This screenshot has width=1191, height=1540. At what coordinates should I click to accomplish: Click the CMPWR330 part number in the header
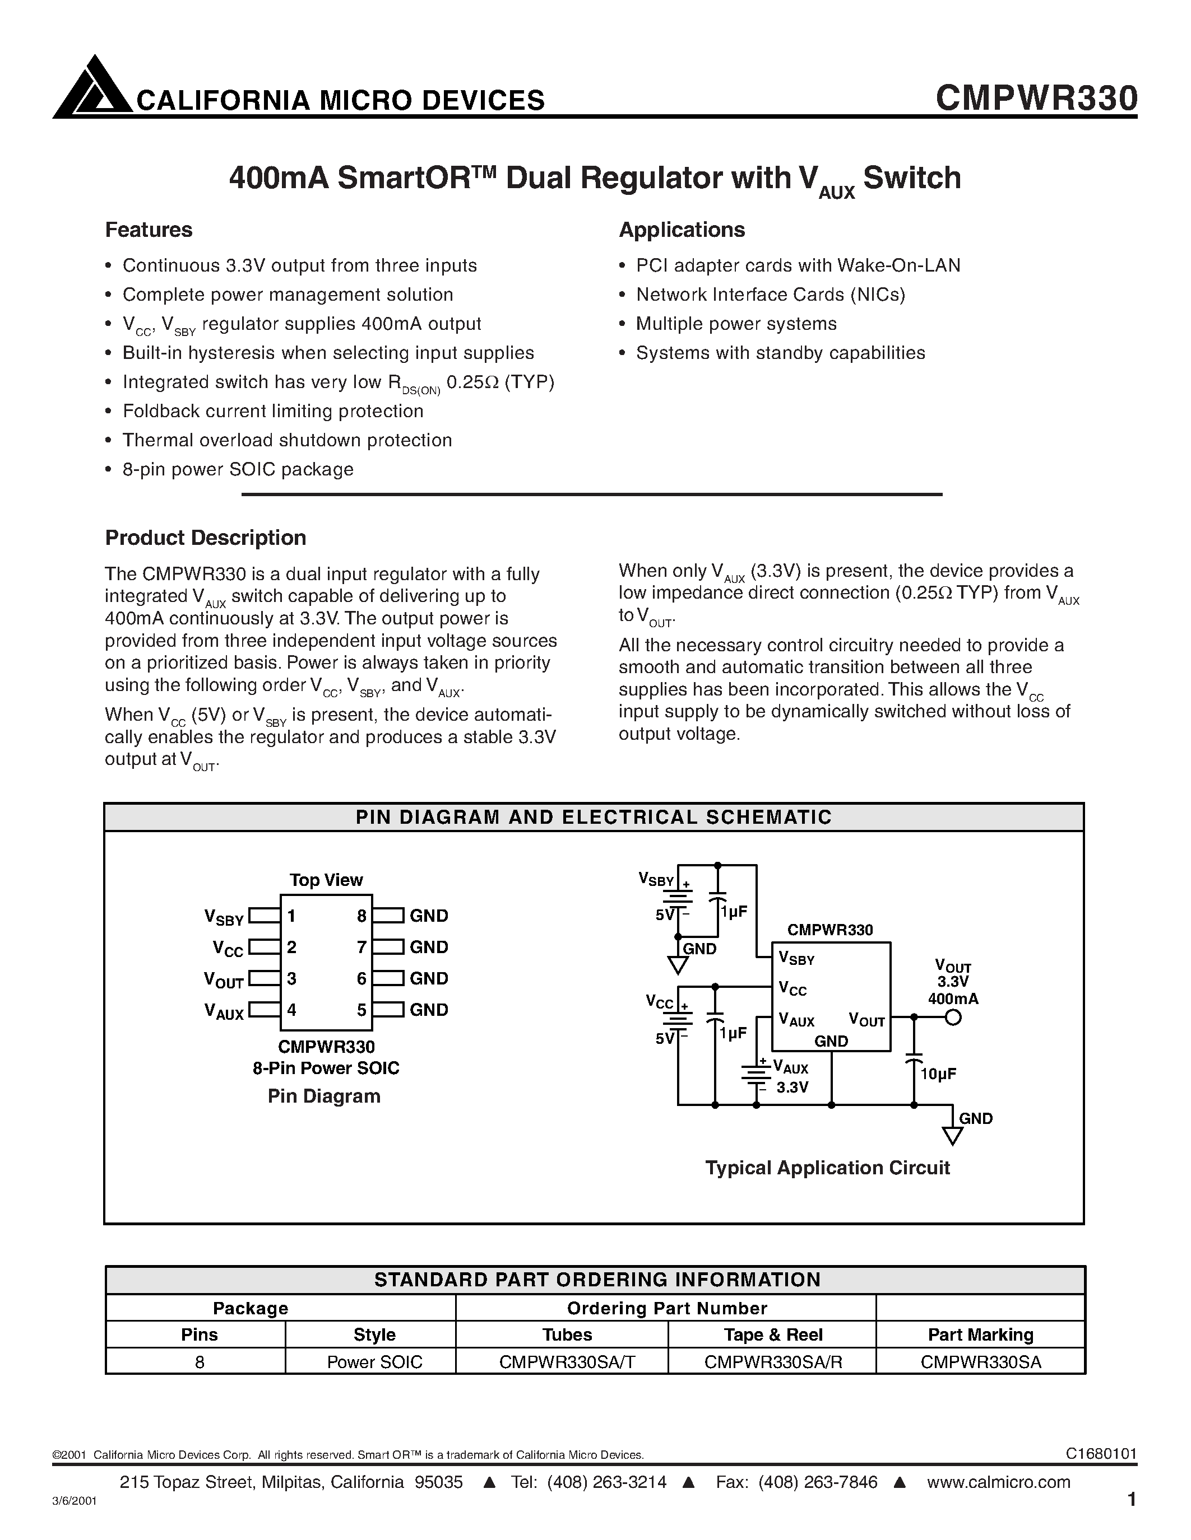(x=1036, y=99)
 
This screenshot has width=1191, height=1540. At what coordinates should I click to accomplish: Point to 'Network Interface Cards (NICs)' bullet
(x=771, y=295)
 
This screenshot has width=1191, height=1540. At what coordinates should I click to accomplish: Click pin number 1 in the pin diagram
(x=291, y=916)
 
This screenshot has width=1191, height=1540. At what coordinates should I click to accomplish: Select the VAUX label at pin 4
(x=224, y=1011)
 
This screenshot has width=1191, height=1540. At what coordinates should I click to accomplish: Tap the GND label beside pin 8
(x=429, y=916)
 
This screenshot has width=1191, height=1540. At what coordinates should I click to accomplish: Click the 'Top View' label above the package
(x=326, y=880)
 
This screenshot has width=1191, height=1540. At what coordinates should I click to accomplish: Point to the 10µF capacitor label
(x=938, y=1074)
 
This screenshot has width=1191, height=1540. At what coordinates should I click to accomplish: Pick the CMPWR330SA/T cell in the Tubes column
(x=567, y=1361)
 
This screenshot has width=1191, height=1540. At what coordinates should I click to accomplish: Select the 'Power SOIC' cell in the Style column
(x=374, y=1361)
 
